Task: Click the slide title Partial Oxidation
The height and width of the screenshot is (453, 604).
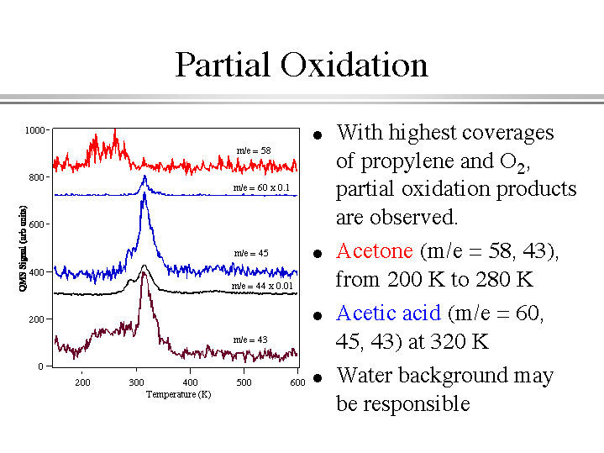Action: [x=302, y=65]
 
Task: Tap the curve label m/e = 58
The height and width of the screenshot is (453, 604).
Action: [x=253, y=150]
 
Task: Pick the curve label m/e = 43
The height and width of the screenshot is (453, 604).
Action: [x=249, y=340]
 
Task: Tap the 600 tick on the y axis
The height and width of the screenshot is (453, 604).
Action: [x=38, y=224]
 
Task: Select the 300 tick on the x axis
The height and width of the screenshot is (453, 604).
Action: [x=136, y=383]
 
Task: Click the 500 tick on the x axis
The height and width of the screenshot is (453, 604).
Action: [x=244, y=383]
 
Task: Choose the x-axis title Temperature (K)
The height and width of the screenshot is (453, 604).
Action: [x=178, y=394]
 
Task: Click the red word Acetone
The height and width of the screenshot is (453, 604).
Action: [x=374, y=251]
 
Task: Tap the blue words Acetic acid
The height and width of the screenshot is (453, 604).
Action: [x=388, y=313]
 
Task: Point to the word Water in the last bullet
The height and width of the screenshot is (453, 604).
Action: [x=364, y=375]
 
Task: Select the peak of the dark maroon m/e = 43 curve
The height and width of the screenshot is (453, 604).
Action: [x=144, y=273]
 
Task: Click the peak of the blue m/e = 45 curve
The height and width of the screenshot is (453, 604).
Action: [x=144, y=194]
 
